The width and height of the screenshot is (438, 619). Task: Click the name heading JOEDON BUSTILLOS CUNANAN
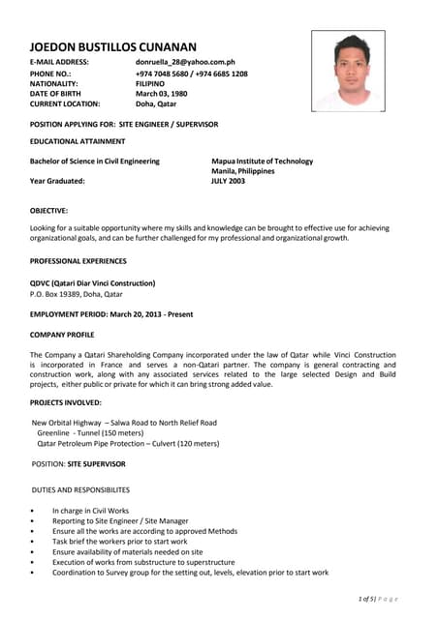click(113, 46)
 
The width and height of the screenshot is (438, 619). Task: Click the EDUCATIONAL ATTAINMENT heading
click(77, 141)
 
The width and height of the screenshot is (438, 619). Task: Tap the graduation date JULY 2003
click(229, 181)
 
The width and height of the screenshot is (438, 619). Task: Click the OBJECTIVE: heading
click(48, 210)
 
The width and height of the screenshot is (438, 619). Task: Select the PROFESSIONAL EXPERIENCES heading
click(78, 261)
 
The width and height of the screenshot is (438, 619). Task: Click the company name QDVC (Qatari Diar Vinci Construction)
click(92, 283)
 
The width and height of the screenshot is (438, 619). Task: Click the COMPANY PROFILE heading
click(62, 335)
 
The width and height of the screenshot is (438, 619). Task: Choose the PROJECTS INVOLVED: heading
click(66, 401)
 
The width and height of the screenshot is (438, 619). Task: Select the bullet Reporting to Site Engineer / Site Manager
click(120, 520)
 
